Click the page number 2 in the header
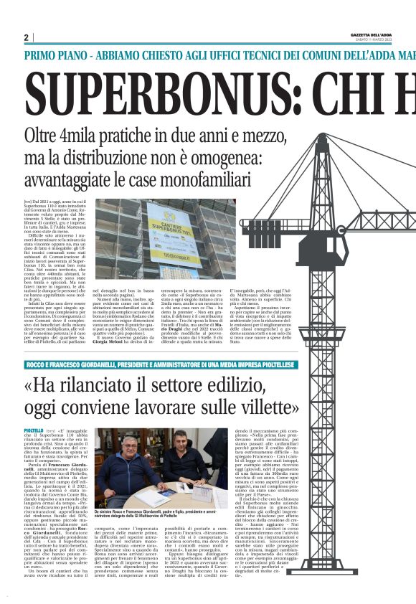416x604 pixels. click(x=27, y=37)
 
